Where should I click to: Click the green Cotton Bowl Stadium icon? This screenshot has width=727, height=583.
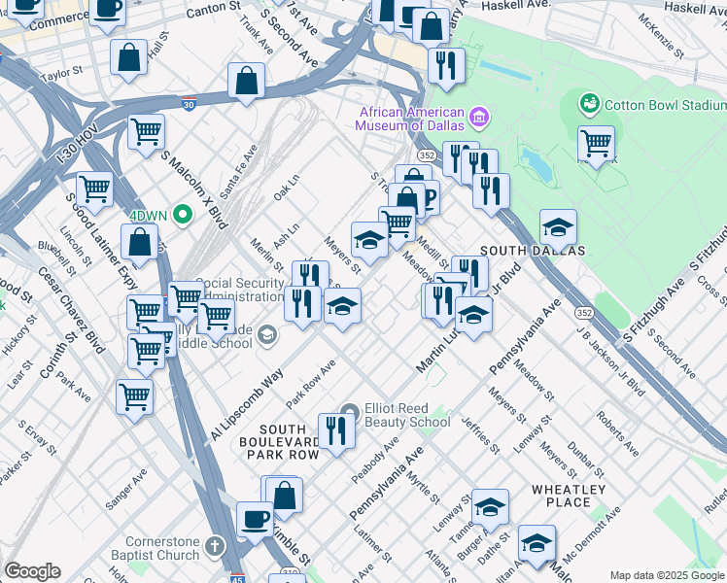click(589, 104)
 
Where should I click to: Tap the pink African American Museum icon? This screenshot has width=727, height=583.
click(478, 118)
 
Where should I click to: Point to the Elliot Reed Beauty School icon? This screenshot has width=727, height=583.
click(350, 414)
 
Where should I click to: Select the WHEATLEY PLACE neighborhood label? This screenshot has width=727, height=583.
click(569, 496)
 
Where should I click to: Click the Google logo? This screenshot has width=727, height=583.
click(32, 570)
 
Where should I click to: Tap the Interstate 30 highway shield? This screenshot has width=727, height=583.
click(188, 103)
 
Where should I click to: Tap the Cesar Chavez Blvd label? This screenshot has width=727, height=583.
click(71, 312)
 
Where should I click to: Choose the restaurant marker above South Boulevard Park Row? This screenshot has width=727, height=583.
click(336, 430)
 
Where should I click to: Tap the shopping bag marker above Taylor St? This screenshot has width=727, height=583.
click(128, 58)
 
